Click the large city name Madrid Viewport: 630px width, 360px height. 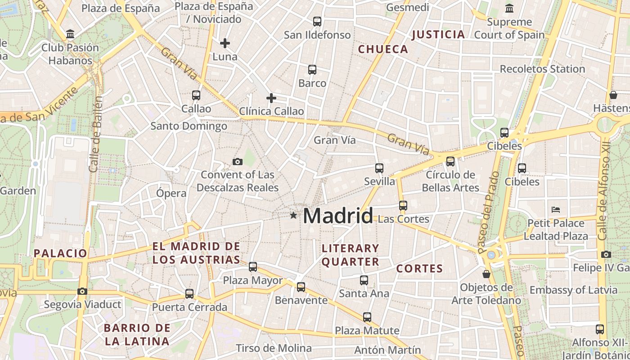(338, 216)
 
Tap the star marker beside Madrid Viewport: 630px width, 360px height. (293, 216)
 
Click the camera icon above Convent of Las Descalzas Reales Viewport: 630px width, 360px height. (237, 162)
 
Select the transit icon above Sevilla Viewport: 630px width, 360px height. (379, 168)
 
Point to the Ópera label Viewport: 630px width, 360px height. (171, 193)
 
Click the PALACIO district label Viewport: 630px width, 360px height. (60, 253)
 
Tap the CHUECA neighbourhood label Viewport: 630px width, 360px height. (383, 49)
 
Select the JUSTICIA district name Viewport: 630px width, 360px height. (438, 35)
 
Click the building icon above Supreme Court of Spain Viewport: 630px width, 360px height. (509, 8)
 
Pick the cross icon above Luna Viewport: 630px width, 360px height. (225, 43)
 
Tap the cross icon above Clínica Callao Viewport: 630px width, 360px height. (271, 98)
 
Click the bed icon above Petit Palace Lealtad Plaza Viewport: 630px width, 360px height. (556, 210)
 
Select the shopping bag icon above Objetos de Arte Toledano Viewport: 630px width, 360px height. (486, 274)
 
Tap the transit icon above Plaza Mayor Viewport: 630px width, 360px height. (253, 267)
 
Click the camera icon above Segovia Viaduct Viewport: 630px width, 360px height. (82, 291)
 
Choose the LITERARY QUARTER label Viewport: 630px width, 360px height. (351, 255)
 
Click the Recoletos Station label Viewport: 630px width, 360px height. (542, 69)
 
